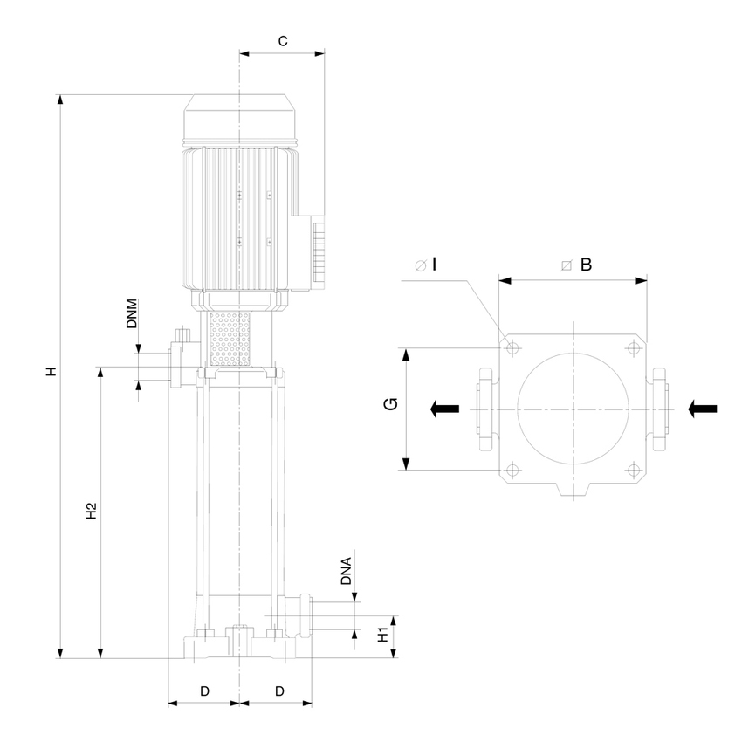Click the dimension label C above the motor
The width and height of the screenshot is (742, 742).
pyautogui.click(x=282, y=40)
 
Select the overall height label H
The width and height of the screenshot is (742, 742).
pyautogui.click(x=52, y=372)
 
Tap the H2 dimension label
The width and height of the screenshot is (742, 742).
pyautogui.click(x=91, y=512)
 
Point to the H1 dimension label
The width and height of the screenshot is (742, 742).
pyautogui.click(x=382, y=635)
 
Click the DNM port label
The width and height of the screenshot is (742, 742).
pyautogui.click(x=132, y=313)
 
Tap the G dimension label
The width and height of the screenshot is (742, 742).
pyautogui.click(x=393, y=403)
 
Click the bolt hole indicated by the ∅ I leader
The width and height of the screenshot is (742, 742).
pyautogui.click(x=512, y=348)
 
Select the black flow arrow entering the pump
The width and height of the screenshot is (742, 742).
pyautogui.click(x=703, y=408)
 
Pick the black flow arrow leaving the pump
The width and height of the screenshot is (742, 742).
pyautogui.click(x=445, y=408)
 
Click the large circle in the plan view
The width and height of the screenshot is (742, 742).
pyautogui.click(x=572, y=408)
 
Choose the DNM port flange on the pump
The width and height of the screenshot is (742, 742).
pyautogui.click(x=176, y=366)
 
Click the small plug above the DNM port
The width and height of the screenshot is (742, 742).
pyautogui.click(x=182, y=333)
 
